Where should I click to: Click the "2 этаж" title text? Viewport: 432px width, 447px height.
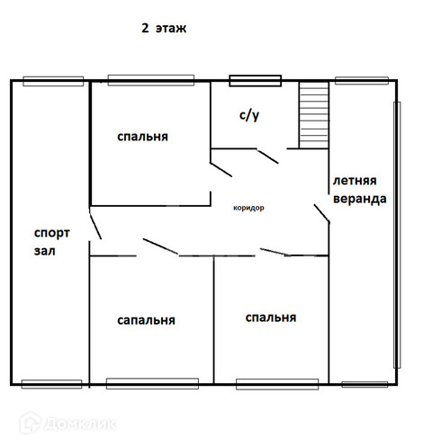pyautogui.click(x=164, y=28)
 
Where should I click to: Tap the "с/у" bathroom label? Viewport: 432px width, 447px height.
pyautogui.click(x=249, y=115)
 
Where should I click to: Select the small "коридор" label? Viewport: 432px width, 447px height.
pyautogui.click(x=248, y=208)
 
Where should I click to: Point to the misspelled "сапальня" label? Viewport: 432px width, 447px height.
pyautogui.click(x=146, y=320)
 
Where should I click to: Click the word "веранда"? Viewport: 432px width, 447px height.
pyautogui.click(x=360, y=199)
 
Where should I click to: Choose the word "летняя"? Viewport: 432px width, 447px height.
pyautogui.click(x=355, y=181)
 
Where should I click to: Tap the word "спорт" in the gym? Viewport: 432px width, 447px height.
pyautogui.click(x=52, y=233)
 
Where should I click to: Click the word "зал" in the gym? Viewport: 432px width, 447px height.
pyautogui.click(x=45, y=251)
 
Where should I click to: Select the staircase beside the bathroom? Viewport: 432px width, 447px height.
pyautogui.click(x=314, y=115)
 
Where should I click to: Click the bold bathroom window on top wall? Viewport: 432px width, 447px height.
pyautogui.click(x=256, y=81)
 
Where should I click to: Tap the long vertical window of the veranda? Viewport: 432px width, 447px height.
pyautogui.click(x=397, y=235)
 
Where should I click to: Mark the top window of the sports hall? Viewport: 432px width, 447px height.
pyautogui.click(x=53, y=81)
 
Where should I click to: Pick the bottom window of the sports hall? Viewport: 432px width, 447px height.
pyautogui.click(x=51, y=384)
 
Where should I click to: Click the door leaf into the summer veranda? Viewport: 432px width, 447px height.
pyautogui.click(x=322, y=214)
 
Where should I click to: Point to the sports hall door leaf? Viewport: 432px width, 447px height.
pyautogui.click(x=95, y=226)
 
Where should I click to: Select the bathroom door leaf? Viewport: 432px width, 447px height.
pyautogui.click(x=267, y=156)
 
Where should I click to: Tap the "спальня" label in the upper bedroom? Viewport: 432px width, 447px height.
pyautogui.click(x=142, y=137)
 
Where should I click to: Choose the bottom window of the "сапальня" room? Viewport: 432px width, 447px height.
pyautogui.click(x=152, y=384)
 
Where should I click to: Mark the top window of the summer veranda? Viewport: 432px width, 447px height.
pyautogui.click(x=362, y=81)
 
